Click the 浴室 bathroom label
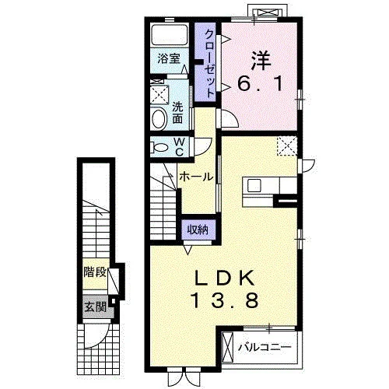[x=169, y=59]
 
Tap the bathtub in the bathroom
[x=170, y=35]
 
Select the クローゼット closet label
[x=210, y=64]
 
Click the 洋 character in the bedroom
[x=261, y=61]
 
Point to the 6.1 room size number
[x=260, y=84]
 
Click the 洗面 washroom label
[x=177, y=113]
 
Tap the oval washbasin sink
[x=159, y=118]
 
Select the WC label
[x=179, y=147]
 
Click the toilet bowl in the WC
[x=160, y=148]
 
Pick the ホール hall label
[x=196, y=177]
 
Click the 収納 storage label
[x=198, y=230]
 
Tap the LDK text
[x=225, y=279]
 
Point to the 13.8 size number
[x=225, y=300]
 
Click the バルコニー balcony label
[x=265, y=347]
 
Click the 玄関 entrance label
[x=96, y=307]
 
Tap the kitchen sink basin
[x=254, y=185]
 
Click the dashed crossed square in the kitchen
[x=287, y=146]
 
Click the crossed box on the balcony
[x=229, y=347]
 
